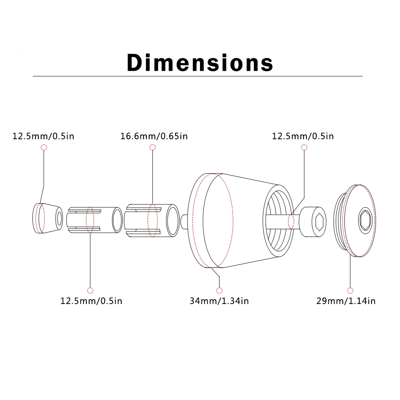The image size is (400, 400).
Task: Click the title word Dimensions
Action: coord(200,62)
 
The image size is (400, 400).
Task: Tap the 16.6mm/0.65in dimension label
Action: coord(154,136)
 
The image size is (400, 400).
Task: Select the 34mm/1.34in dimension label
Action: coord(219,301)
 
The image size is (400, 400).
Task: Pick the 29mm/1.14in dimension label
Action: coord(346,301)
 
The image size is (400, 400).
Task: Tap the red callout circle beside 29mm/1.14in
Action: coord(350,290)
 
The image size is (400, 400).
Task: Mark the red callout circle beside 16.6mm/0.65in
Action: coord(152,148)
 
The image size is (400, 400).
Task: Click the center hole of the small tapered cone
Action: coord(59,218)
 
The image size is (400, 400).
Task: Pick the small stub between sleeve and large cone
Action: coord(184,220)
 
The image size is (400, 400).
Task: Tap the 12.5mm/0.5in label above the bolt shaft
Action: coord(302,136)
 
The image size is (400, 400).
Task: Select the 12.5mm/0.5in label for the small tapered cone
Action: coord(43,136)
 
